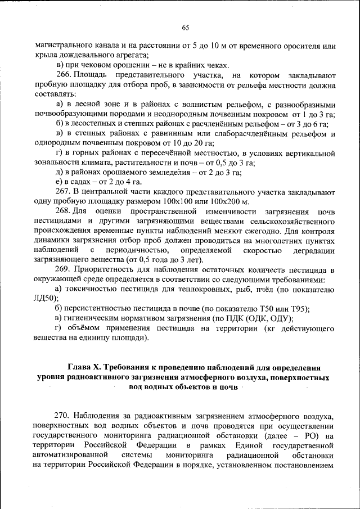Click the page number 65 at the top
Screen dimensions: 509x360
coord(186,28)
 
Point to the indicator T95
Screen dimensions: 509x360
coord(299,309)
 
